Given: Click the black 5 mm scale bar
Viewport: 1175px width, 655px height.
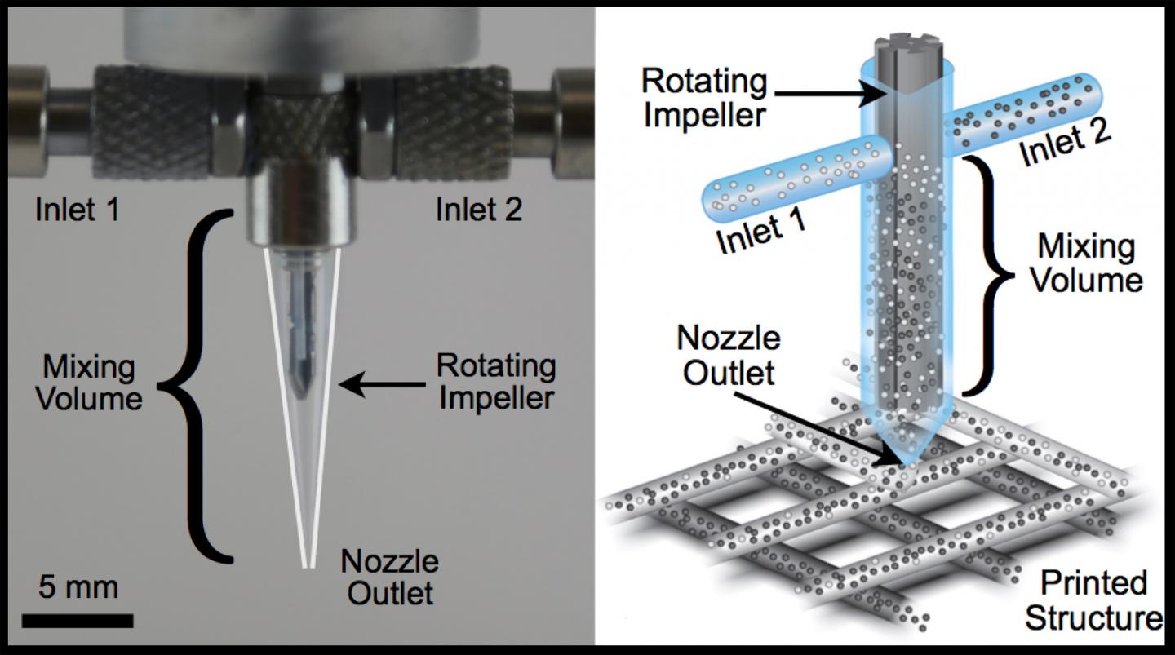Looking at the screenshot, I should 78,621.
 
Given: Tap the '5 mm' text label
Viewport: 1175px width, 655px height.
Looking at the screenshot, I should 78,587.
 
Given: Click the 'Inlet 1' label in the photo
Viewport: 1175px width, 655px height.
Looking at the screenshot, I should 78,210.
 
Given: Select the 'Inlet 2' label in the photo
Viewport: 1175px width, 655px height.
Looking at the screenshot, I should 479,210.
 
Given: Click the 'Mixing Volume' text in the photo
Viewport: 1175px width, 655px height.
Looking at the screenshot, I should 92,383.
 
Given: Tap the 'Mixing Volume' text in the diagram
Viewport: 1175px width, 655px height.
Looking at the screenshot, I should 1085,263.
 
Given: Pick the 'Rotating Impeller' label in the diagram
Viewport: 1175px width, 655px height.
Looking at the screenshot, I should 704,98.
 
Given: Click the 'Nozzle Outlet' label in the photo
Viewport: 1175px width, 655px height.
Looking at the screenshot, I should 389,577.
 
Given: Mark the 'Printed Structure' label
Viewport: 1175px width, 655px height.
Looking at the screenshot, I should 1093,600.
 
